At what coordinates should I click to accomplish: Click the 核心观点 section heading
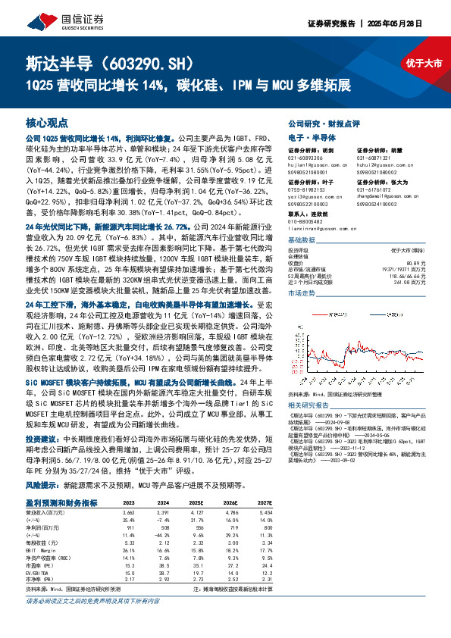pyautogui.click(x=46, y=122)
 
